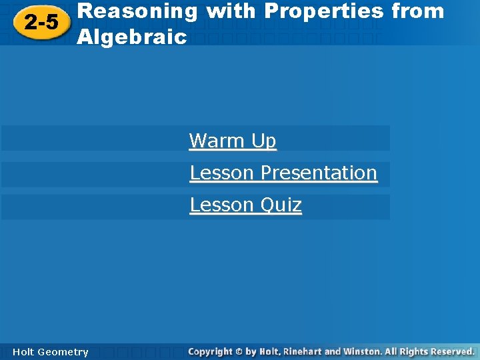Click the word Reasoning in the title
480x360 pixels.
click(137, 11)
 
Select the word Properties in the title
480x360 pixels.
click(324, 11)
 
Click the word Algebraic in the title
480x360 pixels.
click(132, 37)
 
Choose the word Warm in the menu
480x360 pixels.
click(217, 141)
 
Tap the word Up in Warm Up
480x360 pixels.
click(263, 141)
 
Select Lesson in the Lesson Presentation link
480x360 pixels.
click(222, 173)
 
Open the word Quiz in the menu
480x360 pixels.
click(281, 205)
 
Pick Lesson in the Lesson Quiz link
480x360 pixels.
click(222, 205)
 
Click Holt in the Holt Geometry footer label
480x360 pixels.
click(24, 352)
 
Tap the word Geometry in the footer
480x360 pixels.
click(63, 352)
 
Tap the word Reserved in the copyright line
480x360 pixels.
click(457, 351)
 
